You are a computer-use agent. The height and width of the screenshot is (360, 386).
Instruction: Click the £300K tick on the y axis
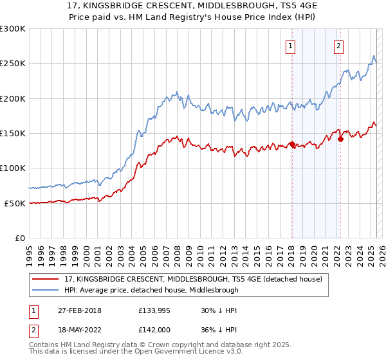[13, 29]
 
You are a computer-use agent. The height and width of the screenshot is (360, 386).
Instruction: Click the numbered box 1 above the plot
[291, 46]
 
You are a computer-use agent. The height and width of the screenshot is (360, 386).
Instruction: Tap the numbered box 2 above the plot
[338, 46]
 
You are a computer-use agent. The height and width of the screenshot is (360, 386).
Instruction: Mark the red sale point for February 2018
[291, 145]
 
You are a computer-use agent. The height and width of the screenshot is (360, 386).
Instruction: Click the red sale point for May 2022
[340, 139]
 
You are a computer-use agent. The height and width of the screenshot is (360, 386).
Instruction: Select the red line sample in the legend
[45, 278]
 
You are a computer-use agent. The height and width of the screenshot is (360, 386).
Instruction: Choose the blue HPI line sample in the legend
[45, 290]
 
